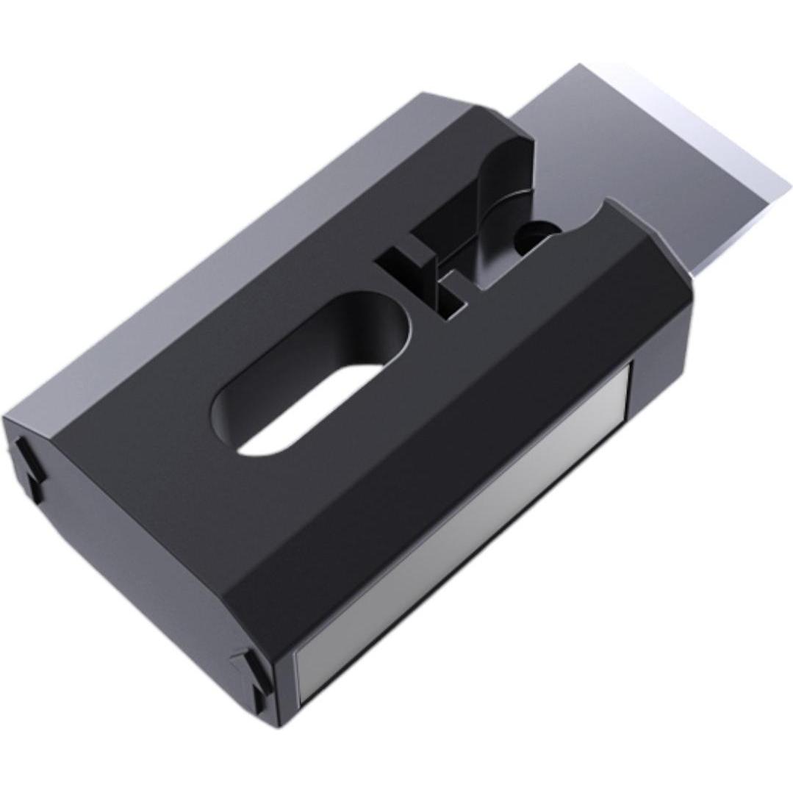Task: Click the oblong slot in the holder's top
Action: (312, 375)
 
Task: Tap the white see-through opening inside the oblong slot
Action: (309, 412)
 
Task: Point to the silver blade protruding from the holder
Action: (647, 162)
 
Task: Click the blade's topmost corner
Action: (581, 66)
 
